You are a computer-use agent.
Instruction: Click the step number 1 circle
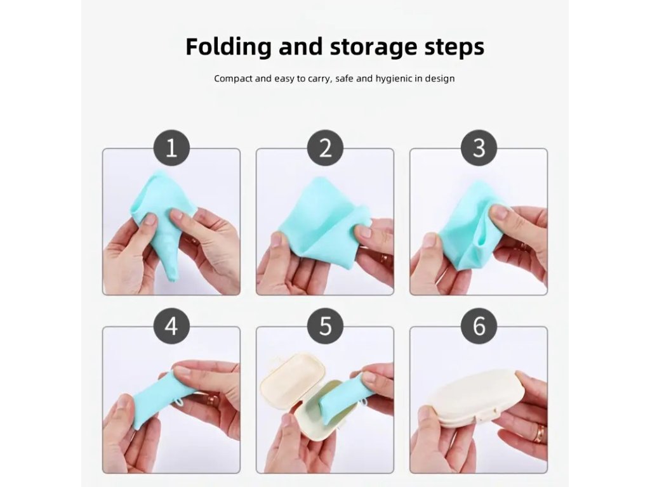pos(171,148)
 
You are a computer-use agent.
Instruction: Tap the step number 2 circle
pos(326,148)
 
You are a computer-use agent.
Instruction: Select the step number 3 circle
pos(479,148)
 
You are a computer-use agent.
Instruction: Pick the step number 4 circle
pos(171,326)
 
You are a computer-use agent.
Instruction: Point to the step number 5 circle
pos(326,326)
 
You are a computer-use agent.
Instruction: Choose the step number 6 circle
pos(479,326)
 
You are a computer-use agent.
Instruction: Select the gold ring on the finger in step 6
pos(540,433)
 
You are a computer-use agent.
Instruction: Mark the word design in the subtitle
pos(441,79)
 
